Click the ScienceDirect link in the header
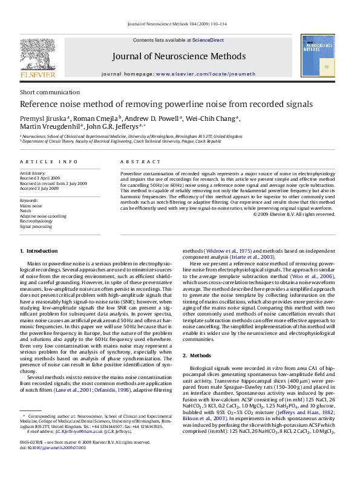click(x=208, y=40)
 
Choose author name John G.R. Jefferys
click(x=113, y=127)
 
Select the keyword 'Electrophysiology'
click(x=38, y=221)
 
